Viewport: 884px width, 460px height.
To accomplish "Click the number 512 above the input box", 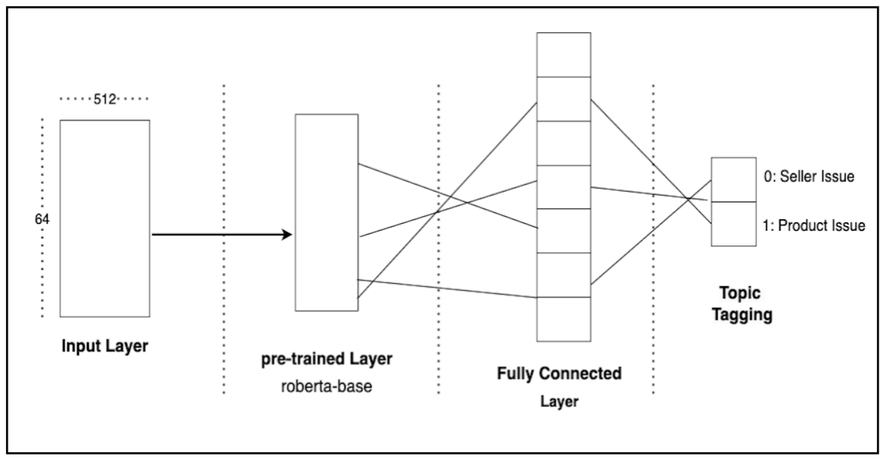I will (x=103, y=99).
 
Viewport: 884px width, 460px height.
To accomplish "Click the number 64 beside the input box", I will (x=42, y=219).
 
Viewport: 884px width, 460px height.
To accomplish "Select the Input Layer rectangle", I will (x=105, y=218).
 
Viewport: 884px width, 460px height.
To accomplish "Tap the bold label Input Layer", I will (x=104, y=347).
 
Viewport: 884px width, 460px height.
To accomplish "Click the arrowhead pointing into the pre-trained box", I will (x=287, y=235).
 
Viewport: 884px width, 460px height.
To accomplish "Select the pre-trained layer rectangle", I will (x=326, y=212).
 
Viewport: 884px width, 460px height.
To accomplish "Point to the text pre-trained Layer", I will (x=326, y=358).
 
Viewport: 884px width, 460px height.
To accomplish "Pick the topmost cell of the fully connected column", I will (x=563, y=54).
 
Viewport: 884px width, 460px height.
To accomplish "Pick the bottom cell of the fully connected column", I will (x=563, y=319).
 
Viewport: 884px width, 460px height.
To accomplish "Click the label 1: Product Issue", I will (x=814, y=225).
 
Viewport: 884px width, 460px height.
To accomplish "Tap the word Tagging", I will (x=742, y=314).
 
